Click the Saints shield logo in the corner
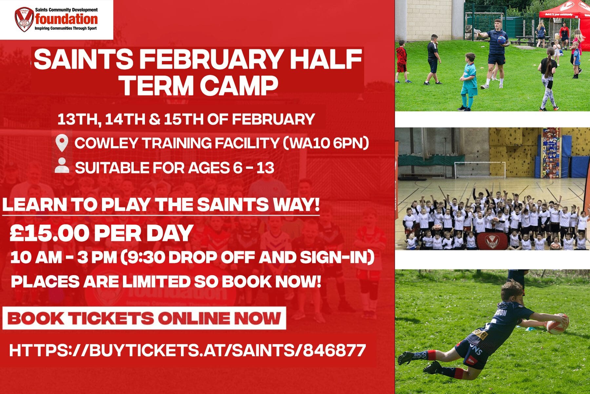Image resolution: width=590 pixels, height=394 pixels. coord(24,19)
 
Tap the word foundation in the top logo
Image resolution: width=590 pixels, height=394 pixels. coord(67,19)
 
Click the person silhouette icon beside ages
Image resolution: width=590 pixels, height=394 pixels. coord(62,166)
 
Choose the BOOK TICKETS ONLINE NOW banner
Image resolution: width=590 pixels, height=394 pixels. coord(144,318)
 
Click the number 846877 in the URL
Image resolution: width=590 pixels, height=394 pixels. coord(334,350)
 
